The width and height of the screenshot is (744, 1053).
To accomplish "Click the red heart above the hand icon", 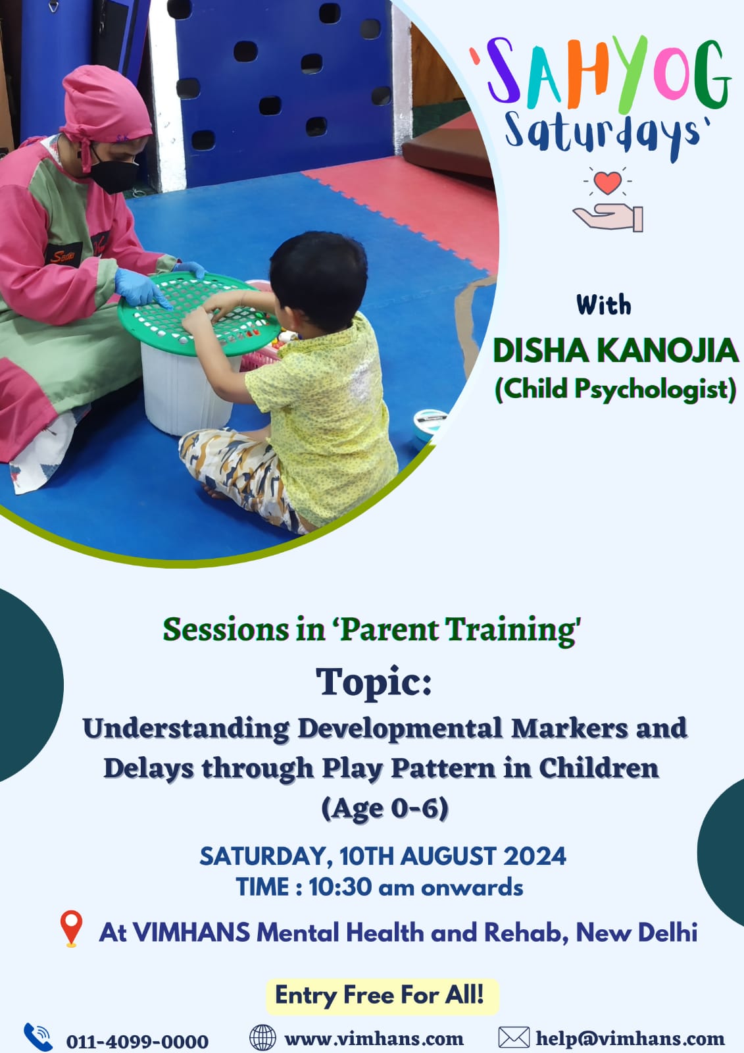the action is click(607, 182).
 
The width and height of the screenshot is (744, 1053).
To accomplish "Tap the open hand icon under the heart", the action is click(608, 218).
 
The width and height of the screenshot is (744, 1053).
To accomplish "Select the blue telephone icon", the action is click(38, 1037).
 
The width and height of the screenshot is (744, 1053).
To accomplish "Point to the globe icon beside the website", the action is click(262, 1037).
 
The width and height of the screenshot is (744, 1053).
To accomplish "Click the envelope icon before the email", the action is click(514, 1037).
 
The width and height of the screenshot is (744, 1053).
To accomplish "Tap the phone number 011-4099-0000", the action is click(137, 1040).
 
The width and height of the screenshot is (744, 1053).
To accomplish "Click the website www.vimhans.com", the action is click(374, 1038).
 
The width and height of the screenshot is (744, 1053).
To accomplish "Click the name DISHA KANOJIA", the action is click(615, 351).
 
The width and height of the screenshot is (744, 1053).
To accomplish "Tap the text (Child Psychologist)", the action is click(615, 390).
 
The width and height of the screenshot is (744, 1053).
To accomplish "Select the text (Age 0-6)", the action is click(384, 808).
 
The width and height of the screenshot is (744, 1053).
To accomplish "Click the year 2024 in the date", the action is click(535, 856).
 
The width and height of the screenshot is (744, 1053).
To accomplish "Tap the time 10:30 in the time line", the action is click(340, 887).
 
